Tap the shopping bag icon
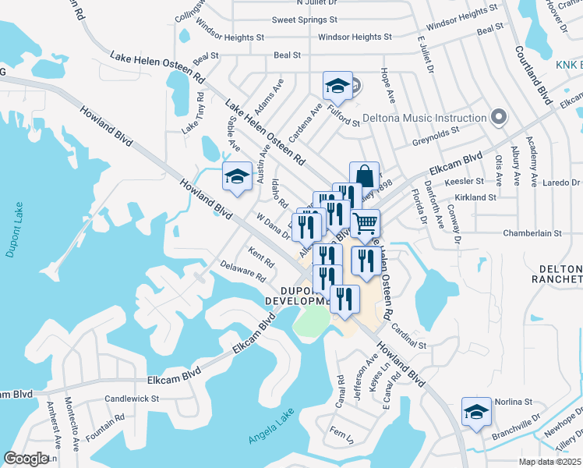click(x=364, y=175)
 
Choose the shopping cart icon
click(x=364, y=223)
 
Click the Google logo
click(x=26, y=459)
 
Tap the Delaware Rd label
click(x=243, y=272)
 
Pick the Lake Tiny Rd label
click(x=193, y=112)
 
